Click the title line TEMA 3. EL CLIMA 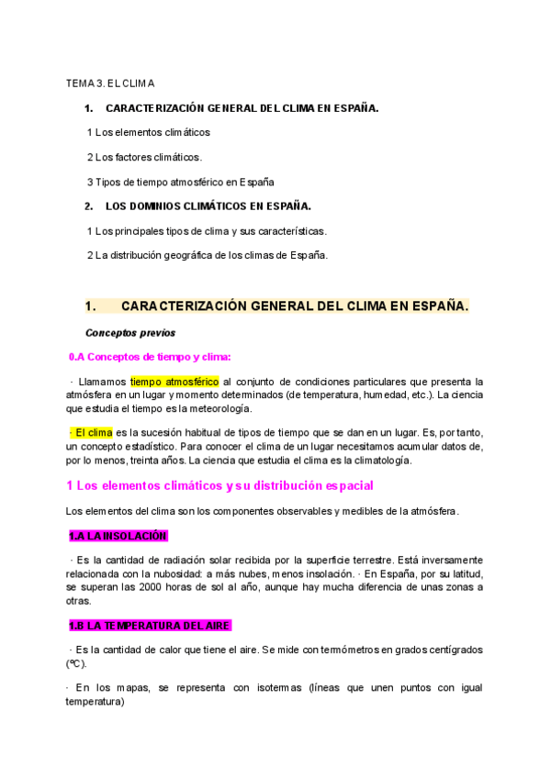tap(110, 83)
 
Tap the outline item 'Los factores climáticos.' tap(144, 157)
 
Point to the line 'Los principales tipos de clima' tap(206, 230)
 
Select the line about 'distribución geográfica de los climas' tap(207, 255)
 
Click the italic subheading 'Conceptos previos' tap(129, 332)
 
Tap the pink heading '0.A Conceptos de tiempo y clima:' tap(151, 357)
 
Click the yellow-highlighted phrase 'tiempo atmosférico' tap(174, 381)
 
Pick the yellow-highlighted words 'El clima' tap(91, 432)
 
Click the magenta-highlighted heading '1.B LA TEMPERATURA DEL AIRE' tap(149, 625)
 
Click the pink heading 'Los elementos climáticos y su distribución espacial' tap(219, 485)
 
